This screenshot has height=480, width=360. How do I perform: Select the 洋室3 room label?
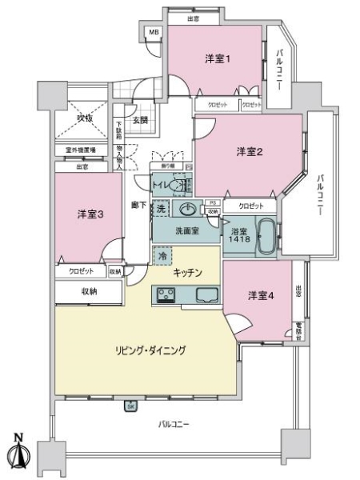pyautogui.click(x=90, y=214)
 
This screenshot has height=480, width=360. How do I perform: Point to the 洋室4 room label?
pyautogui.click(x=261, y=295)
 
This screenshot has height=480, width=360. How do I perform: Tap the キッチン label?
pyautogui.click(x=186, y=272)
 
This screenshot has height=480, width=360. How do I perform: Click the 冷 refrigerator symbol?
pyautogui.click(x=162, y=256)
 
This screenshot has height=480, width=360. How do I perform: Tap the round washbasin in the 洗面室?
pyautogui.click(x=188, y=210)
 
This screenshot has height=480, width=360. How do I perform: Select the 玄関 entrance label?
pyautogui.click(x=139, y=121)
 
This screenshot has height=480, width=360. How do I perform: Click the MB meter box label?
pyautogui.click(x=154, y=33)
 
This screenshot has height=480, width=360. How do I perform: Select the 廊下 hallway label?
pyautogui.click(x=138, y=204)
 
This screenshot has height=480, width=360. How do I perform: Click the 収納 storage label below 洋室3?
pyautogui.click(x=89, y=292)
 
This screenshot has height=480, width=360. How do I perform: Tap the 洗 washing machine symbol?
pyautogui.click(x=161, y=209)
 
